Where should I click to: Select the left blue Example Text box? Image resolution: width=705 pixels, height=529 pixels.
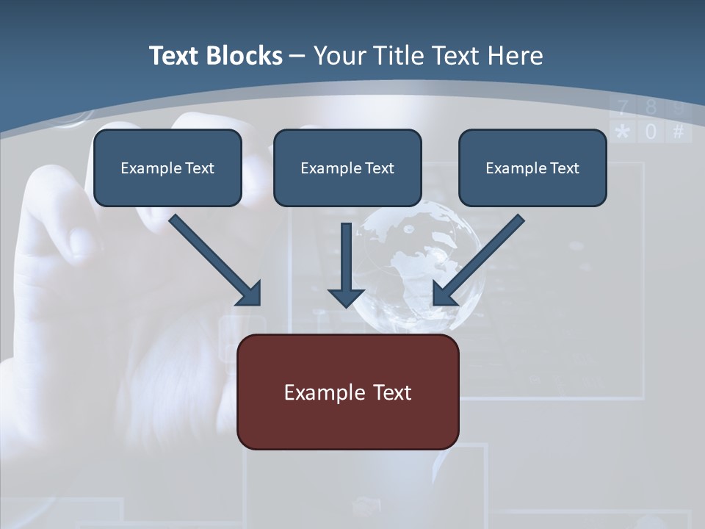tap(167, 168)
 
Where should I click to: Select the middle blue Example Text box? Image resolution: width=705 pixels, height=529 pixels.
tap(347, 168)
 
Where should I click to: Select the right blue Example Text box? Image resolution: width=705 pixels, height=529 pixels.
tap(532, 168)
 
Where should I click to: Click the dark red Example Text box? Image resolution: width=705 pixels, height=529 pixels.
tap(348, 392)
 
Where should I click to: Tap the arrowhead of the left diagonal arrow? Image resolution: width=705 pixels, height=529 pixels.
tap(250, 294)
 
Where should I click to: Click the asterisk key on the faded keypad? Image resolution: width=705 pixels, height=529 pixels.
tap(623, 132)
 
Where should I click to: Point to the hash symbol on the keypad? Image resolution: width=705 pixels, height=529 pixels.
tap(678, 132)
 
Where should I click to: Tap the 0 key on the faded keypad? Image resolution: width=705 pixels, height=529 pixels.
tap(651, 132)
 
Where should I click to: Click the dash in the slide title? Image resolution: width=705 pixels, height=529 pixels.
tap(297, 57)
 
